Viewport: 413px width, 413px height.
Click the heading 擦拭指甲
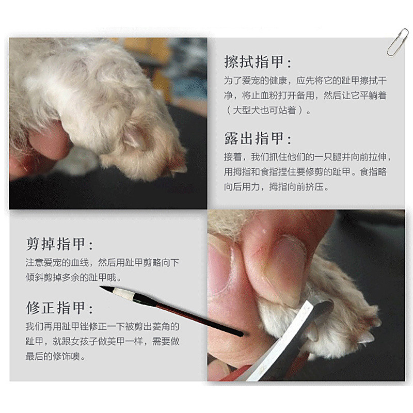258,62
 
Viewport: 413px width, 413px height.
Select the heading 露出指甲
258,138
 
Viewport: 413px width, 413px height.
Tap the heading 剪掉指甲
60,244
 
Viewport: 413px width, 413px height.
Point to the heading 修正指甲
60,308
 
